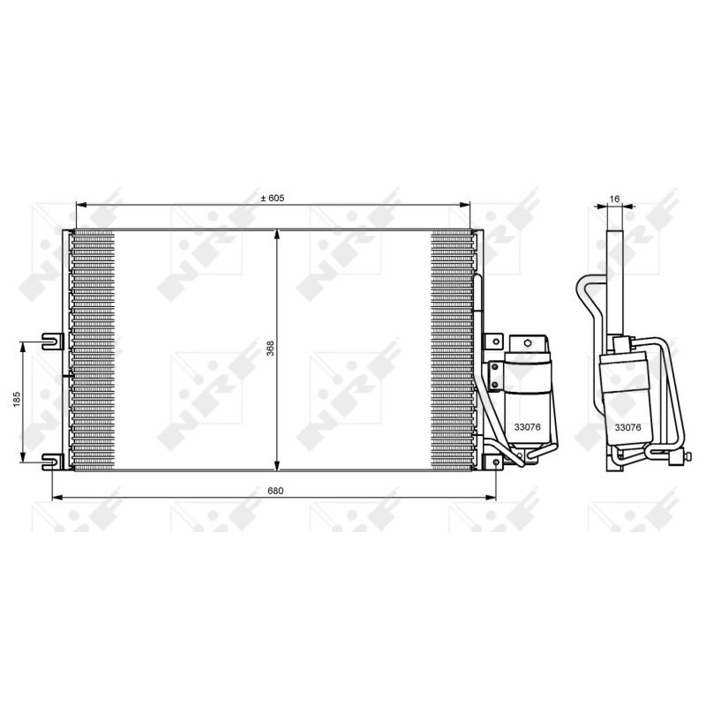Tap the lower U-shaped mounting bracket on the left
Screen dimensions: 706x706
[54, 458]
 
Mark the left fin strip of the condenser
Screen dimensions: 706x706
[93, 350]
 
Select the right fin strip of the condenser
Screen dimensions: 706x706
[453, 350]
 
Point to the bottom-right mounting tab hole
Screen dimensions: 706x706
[496, 462]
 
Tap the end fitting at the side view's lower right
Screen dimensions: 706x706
[680, 456]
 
